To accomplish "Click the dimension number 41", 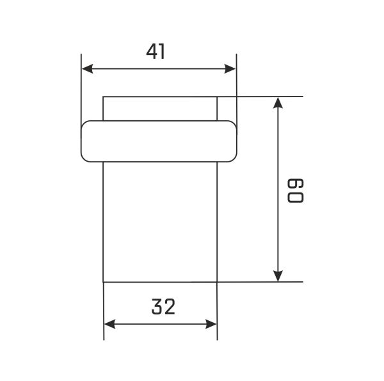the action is [x=156, y=51].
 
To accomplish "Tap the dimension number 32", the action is [x=163, y=306].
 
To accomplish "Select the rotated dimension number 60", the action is [x=295, y=190].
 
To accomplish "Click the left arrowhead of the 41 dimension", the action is [x=87, y=68].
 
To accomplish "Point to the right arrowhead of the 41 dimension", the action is [x=230, y=68].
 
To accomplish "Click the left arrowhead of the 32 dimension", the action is [x=109, y=324].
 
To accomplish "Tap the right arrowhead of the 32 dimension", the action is [x=211, y=324].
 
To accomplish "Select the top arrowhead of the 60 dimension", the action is [x=278, y=103].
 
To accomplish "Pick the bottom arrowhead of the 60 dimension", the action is [x=278, y=276].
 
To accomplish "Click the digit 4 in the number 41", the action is [x=152, y=51].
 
